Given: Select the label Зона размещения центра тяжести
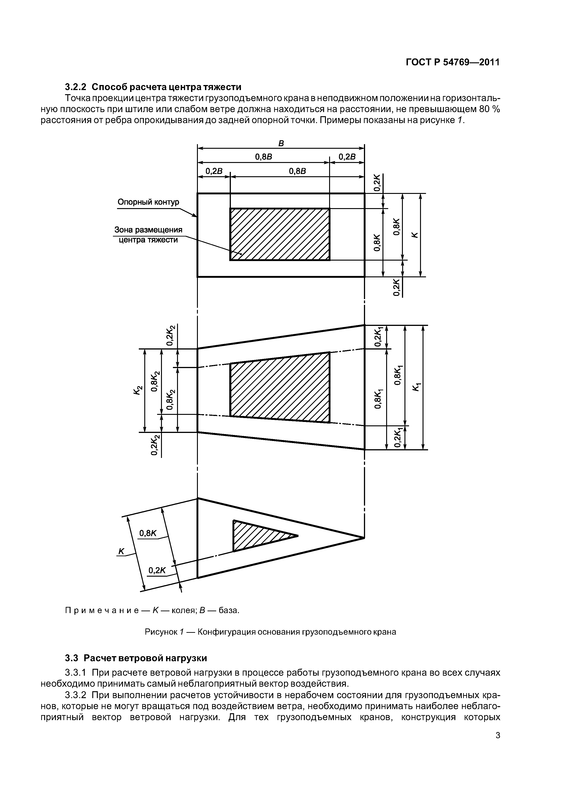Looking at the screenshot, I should point(148,235).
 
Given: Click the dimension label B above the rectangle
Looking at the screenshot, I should point(281,143).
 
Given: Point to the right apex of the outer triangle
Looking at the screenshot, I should point(364,538).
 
